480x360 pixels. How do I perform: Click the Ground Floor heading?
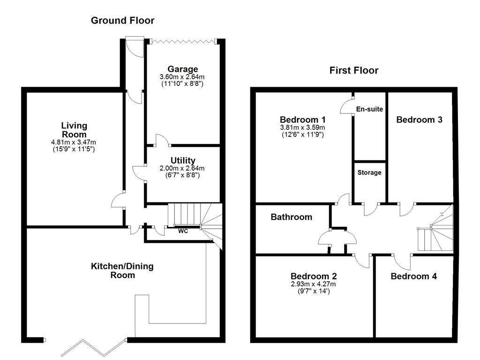coord(122,21)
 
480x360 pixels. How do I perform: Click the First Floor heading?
coord(353,71)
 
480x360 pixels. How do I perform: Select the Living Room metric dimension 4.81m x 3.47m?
coord(74,142)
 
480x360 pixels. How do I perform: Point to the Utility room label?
coord(183,161)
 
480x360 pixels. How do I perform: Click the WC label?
coord(183,231)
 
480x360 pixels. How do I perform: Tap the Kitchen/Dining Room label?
coord(122,270)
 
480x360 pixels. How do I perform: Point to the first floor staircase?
coord(436,232)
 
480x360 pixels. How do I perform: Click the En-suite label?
coord(369,109)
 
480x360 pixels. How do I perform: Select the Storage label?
coord(369,172)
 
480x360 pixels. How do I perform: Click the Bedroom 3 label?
coord(419,120)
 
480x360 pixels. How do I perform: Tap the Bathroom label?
coord(291,217)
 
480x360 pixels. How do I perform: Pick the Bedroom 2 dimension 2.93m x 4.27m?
coord(313,284)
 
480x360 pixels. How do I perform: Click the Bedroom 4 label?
coord(413,277)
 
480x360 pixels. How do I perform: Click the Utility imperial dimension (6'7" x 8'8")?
coord(183,175)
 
